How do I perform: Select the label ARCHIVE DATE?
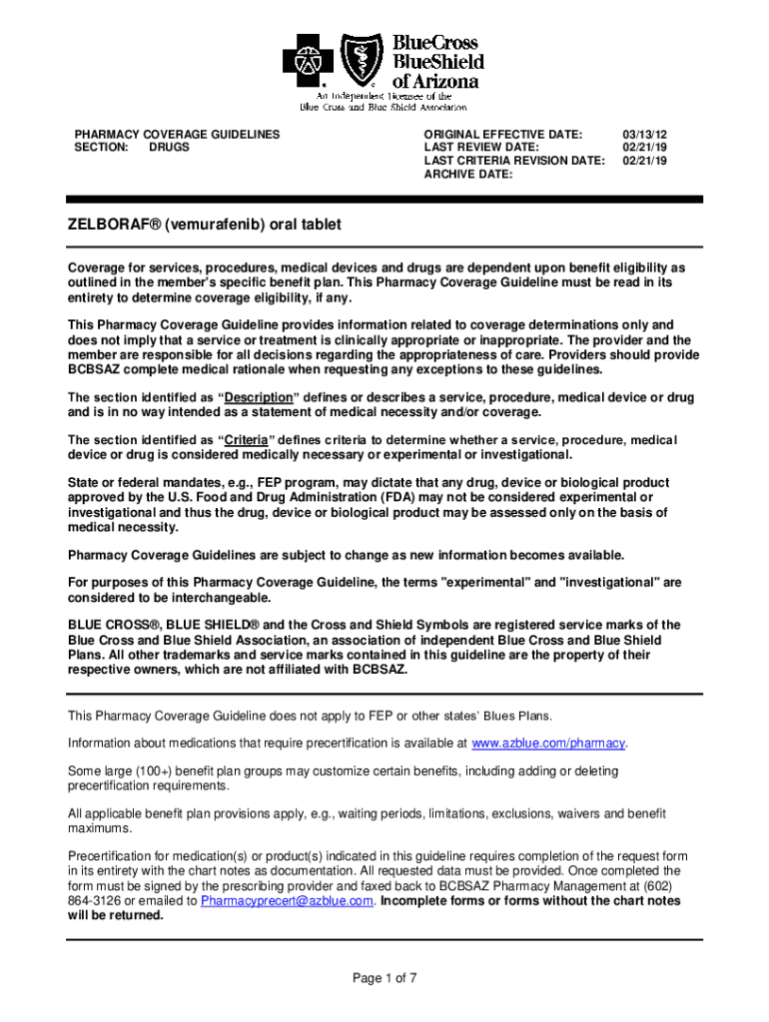tap(468, 174)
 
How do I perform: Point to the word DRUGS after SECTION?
tap(169, 147)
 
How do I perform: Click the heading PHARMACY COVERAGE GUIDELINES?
tap(177, 134)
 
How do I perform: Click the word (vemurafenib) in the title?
tap(213, 226)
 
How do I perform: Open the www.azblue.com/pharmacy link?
tap(548, 744)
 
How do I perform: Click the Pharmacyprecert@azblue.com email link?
tap(287, 900)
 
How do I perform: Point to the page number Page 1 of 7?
tap(384, 978)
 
